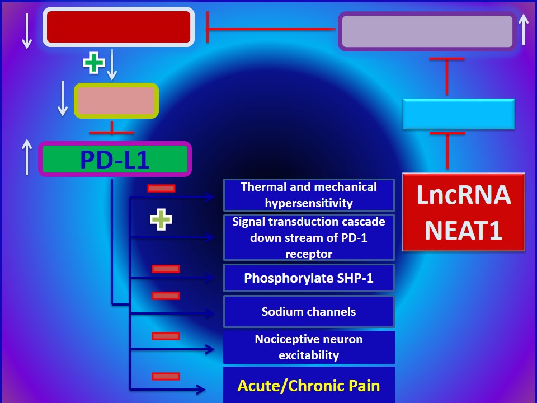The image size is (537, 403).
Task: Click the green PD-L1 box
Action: pyautogui.click(x=115, y=159)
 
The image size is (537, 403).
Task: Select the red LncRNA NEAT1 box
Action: pyautogui.click(x=463, y=212)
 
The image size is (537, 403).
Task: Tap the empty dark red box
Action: pyautogui.click(x=119, y=27)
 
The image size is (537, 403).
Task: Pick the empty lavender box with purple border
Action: pyautogui.click(x=427, y=31)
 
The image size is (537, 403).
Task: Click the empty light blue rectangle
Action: pyautogui.click(x=459, y=114)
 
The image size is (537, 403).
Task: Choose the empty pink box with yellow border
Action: pyautogui.click(x=116, y=101)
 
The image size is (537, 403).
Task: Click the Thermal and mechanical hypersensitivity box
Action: pyautogui.click(x=309, y=195)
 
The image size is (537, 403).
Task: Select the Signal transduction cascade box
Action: pyautogui.click(x=309, y=237)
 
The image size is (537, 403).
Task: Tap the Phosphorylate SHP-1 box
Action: pyautogui.click(x=309, y=278)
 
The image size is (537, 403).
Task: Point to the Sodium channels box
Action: pyautogui.click(x=309, y=312)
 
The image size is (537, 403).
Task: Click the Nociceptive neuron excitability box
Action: pyautogui.click(x=309, y=347)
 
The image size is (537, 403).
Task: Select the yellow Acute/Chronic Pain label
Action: pyautogui.click(x=309, y=386)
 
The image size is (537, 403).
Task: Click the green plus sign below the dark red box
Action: pyautogui.click(x=94, y=63)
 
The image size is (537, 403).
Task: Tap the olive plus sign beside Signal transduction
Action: pyautogui.click(x=161, y=220)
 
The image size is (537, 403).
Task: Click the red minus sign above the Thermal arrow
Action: pyautogui.click(x=161, y=188)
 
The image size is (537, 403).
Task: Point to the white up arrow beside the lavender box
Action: pyautogui.click(x=524, y=29)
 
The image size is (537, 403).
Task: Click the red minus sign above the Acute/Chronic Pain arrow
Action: pyautogui.click(x=166, y=376)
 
